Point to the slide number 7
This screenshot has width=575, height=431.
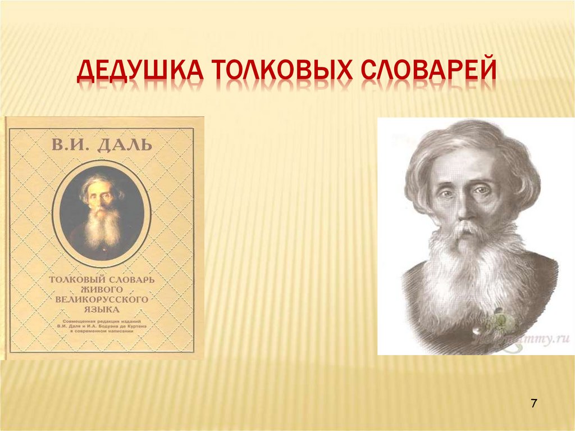[533, 404]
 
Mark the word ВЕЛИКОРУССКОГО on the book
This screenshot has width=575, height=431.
[102, 300]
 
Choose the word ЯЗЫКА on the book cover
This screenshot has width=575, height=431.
[102, 310]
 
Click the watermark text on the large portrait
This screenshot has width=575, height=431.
[533, 339]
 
